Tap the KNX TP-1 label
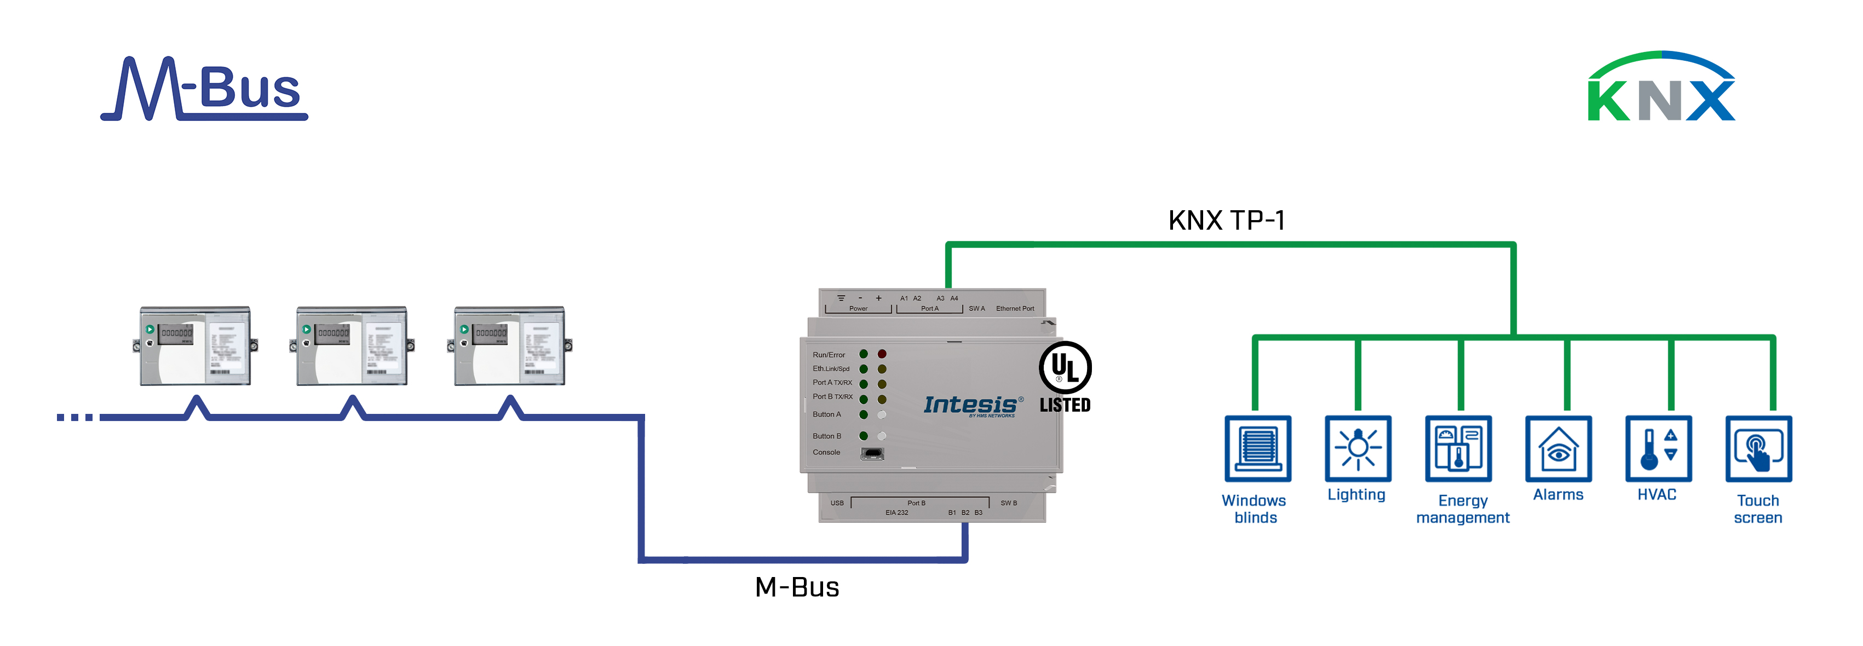pos(1227,220)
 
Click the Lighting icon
pos(1358,448)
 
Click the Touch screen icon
pos(1758,448)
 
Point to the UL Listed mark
pos(1065,378)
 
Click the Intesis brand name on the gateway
pos(970,405)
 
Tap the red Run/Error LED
pos(882,354)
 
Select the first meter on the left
pos(196,346)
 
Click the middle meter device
pos(352,346)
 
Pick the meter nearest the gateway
pos(509,346)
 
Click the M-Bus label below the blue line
pos(796,587)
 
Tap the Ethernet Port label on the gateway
pos(1015,308)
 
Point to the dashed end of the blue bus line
pos(75,417)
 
